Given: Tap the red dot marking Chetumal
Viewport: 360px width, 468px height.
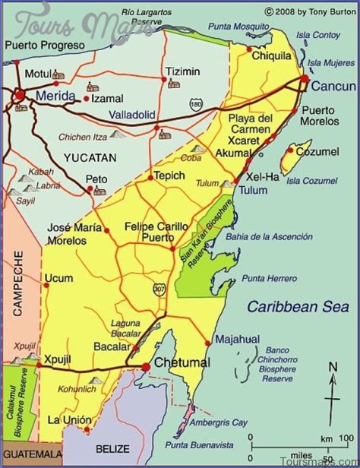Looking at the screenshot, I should click(x=145, y=367).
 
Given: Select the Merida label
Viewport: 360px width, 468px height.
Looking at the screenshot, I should click(x=55, y=96).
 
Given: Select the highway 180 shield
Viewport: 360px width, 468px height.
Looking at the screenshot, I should click(x=197, y=102).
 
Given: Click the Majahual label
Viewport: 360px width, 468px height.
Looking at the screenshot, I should click(x=237, y=340).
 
